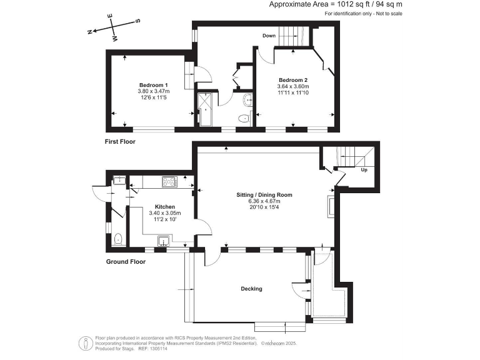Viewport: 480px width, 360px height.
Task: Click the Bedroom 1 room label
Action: [153, 85]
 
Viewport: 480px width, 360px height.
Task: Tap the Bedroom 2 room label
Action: [293, 80]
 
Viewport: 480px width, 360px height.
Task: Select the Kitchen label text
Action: [165, 206]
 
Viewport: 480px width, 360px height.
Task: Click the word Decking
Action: [252, 289]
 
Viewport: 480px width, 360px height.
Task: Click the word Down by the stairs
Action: [269, 36]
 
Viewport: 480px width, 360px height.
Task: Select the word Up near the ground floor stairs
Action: [363, 169]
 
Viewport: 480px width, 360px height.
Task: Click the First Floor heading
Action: [120, 142]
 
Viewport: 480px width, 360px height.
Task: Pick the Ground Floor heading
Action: [125, 262]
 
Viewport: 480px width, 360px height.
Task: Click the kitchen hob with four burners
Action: [169, 182]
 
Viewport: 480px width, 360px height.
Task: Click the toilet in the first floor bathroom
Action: [244, 118]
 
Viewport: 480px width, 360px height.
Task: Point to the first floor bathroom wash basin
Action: [247, 99]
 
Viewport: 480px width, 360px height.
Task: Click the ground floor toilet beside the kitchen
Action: [118, 237]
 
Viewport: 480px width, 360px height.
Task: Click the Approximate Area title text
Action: [336, 4]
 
